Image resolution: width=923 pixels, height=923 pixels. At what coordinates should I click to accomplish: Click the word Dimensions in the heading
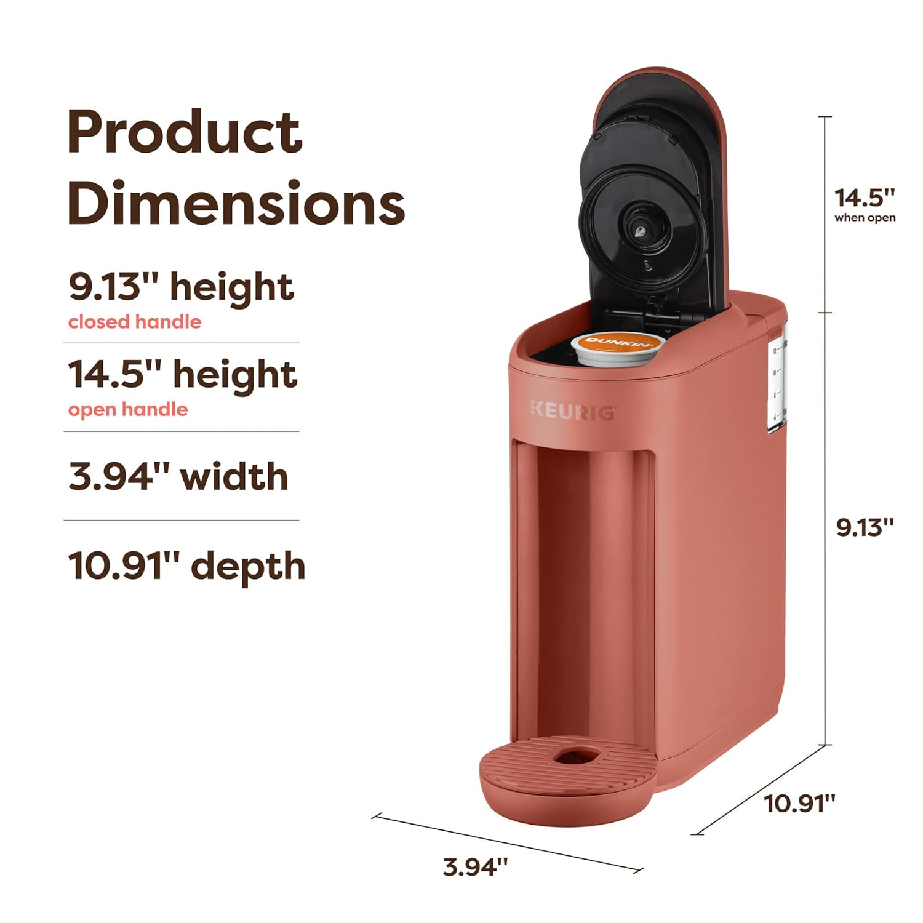click(x=236, y=203)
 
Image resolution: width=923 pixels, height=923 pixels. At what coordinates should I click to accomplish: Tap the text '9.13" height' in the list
click(x=181, y=287)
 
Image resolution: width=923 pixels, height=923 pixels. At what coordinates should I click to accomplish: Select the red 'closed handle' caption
click(x=134, y=322)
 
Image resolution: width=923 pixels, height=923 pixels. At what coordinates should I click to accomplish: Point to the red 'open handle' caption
click(x=128, y=410)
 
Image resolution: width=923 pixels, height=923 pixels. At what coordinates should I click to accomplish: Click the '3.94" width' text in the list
click(x=178, y=477)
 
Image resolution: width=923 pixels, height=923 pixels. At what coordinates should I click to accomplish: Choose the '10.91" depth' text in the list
click(x=186, y=567)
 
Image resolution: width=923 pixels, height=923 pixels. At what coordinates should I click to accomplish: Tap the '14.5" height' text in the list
click(x=183, y=375)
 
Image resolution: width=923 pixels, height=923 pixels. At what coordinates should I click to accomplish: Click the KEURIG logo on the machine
click(x=572, y=410)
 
